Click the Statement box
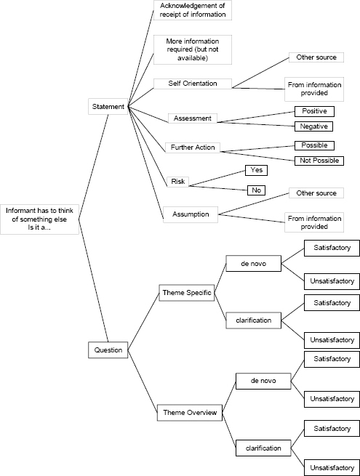point(108,107)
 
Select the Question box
point(108,350)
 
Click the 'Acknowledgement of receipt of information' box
point(193,10)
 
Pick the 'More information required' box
point(191,49)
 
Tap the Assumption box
point(191,214)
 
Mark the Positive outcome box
point(313,111)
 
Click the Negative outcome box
point(313,126)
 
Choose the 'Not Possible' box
point(317,160)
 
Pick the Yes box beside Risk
point(255,170)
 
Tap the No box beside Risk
point(255,190)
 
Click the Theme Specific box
point(185,293)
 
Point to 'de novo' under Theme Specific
point(253,264)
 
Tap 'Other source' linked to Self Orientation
point(312,57)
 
